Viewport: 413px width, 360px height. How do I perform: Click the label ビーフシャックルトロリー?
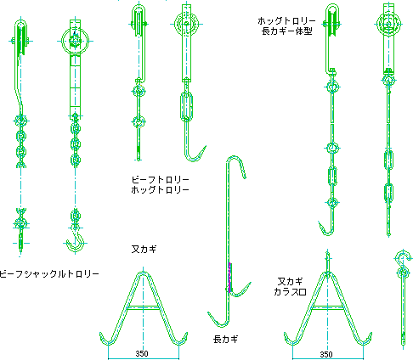click(x=49, y=274)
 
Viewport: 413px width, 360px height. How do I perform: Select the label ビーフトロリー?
click(x=160, y=179)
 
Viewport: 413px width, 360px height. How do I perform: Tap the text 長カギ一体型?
click(x=286, y=31)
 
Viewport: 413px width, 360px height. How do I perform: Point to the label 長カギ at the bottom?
click(x=225, y=339)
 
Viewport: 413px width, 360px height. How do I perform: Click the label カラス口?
click(x=290, y=291)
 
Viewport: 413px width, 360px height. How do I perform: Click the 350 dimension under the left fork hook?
click(x=142, y=353)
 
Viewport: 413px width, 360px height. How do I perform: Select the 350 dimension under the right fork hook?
click(x=326, y=354)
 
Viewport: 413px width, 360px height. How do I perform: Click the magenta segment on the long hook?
click(x=229, y=278)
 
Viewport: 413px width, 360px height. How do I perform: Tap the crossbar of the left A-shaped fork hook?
click(x=144, y=307)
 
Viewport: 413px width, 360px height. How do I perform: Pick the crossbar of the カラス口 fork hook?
click(x=328, y=307)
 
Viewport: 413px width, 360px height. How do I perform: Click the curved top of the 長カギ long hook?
click(x=235, y=158)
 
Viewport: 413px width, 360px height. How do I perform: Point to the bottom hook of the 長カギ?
click(x=218, y=320)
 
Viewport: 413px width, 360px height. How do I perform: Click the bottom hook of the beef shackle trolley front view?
click(x=76, y=243)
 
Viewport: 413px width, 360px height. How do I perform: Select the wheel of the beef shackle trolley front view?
click(x=75, y=41)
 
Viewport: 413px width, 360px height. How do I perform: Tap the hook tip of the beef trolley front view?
click(x=205, y=146)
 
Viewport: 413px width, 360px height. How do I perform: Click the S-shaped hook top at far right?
click(x=403, y=256)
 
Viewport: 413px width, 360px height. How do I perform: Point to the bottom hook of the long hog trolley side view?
click(x=326, y=228)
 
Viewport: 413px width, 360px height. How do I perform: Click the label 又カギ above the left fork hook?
click(x=144, y=249)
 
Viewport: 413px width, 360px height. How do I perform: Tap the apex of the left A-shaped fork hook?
click(x=144, y=273)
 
